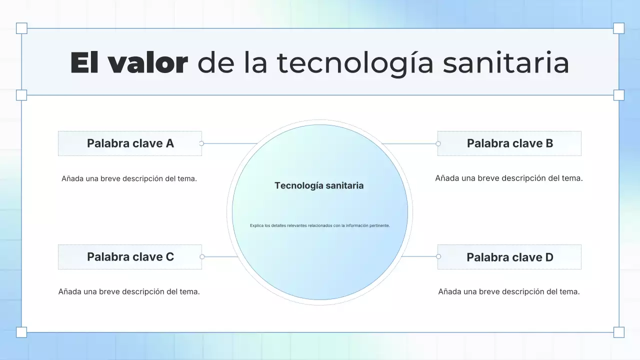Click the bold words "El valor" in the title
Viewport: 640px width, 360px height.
tap(129, 63)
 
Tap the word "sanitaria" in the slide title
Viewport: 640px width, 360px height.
tap(506, 63)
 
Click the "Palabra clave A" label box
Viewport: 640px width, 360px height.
tap(130, 143)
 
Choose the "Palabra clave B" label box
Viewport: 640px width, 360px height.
tap(509, 143)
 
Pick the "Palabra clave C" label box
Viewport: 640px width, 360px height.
tap(130, 257)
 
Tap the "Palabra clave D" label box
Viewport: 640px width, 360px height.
tap(509, 257)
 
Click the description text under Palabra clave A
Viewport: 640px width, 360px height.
tap(129, 178)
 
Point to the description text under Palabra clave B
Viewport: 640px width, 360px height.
tap(509, 178)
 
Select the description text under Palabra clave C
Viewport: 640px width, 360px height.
tap(129, 291)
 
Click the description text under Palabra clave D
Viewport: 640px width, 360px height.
tap(509, 291)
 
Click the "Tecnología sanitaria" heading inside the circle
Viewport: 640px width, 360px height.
tap(319, 185)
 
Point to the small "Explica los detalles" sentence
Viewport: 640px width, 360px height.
tap(319, 225)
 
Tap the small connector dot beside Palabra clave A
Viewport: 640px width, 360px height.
tap(201, 143)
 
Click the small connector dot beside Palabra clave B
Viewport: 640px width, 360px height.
tap(438, 143)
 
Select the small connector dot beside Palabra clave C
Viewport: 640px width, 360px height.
tap(202, 256)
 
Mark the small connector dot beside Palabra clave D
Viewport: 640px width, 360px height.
tap(438, 256)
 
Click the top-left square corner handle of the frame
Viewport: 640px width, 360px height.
tap(21, 28)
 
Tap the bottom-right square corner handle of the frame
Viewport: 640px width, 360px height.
tap(618, 332)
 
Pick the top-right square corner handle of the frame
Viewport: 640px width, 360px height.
tap(618, 28)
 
